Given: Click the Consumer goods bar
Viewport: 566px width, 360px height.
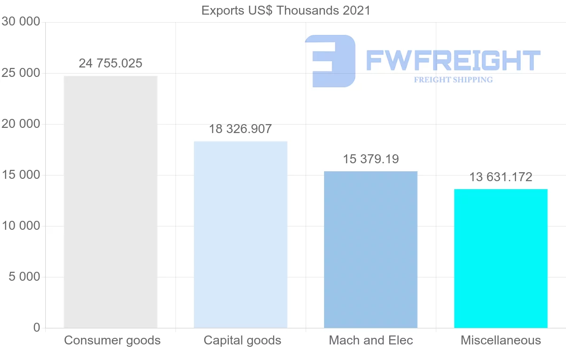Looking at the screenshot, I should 110,202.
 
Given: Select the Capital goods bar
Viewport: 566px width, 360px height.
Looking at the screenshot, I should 241,234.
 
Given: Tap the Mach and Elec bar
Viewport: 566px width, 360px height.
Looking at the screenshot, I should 371,250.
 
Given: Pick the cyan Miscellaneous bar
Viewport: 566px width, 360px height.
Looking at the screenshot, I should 501,259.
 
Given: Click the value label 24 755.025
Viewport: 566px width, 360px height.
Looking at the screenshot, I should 110,63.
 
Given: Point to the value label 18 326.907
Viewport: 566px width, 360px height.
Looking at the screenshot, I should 241,129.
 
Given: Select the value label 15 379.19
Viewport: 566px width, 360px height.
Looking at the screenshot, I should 371,159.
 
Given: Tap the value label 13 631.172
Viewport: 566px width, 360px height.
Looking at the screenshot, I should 501,177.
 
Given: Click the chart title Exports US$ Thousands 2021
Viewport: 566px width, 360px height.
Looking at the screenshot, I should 286,10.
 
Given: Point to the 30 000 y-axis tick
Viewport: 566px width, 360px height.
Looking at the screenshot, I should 21,22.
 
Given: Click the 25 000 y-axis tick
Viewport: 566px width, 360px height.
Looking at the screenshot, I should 21,73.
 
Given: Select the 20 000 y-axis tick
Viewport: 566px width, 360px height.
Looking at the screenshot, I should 21,124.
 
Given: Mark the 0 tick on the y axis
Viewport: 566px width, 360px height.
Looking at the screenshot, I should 37,328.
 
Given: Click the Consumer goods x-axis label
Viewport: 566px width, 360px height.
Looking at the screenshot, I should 112,340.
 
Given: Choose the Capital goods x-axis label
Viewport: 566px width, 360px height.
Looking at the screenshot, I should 242,340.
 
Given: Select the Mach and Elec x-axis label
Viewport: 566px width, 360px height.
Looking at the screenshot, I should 371,340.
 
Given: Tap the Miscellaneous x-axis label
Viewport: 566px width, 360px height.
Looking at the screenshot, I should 501,340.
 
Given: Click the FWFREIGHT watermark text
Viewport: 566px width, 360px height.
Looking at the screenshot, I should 453,60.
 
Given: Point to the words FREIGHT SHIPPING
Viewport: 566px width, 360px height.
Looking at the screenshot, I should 453,80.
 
